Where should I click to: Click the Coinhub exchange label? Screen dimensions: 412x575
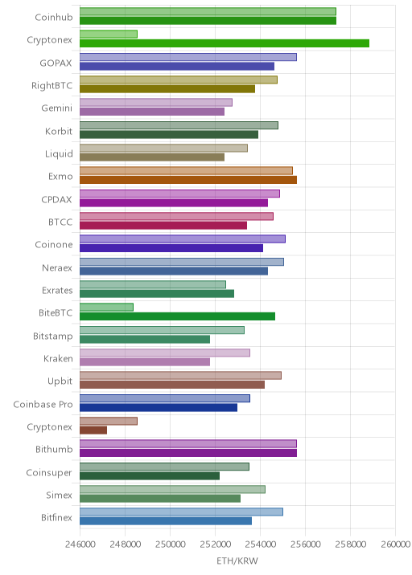tap(54, 17)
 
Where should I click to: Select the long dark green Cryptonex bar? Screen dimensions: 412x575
tap(225, 43)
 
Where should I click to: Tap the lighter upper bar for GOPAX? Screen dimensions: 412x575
tap(188, 57)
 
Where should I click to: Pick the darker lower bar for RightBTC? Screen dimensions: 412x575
tap(167, 89)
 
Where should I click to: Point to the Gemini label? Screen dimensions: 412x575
tap(56, 108)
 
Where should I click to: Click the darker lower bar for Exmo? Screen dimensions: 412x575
tap(188, 180)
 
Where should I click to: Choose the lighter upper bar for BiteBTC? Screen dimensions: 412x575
tap(106, 308)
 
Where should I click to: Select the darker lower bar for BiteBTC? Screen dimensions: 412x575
tap(177, 316)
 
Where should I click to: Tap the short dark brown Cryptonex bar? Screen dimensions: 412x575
tap(93, 430)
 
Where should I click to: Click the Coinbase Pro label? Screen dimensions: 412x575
tap(43, 404)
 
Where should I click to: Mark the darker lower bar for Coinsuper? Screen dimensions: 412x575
tap(150, 475)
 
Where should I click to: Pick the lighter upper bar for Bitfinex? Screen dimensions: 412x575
tap(181, 512)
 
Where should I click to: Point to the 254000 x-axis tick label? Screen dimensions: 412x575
tap(260, 544)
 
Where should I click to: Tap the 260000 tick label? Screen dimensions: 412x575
tap(395, 544)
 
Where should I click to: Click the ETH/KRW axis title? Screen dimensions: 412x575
tap(237, 561)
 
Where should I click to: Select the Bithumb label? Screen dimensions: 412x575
tap(54, 449)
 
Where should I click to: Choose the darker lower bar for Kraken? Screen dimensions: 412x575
tap(145, 362)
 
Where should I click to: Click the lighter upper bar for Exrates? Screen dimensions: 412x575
tap(153, 284)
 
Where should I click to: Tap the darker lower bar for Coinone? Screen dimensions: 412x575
tap(171, 248)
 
